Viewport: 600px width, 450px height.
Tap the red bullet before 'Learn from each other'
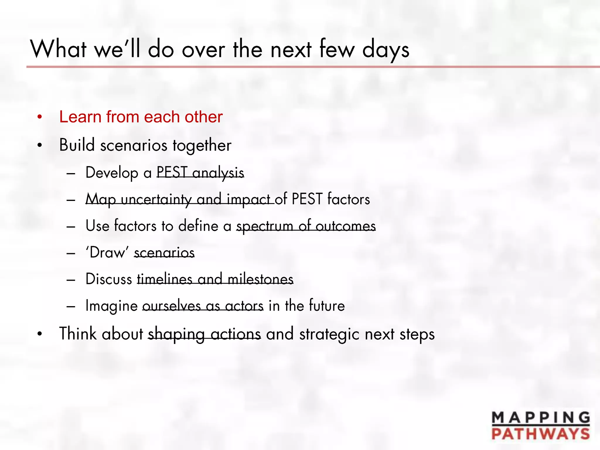point(40,117)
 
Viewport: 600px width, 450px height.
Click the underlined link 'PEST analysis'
point(200,172)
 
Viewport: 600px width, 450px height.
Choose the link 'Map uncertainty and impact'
point(180,199)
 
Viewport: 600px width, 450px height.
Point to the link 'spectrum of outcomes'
point(306,226)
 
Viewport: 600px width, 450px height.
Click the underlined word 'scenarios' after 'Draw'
point(164,253)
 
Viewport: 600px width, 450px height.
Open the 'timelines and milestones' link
point(215,279)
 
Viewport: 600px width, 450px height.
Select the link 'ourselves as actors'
point(203,306)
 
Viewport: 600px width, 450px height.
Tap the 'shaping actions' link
point(204,334)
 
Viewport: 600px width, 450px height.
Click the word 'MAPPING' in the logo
point(541,418)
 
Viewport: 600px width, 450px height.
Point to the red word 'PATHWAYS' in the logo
point(541,434)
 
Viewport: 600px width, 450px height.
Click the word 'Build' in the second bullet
point(77,145)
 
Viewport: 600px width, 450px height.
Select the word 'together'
point(202,145)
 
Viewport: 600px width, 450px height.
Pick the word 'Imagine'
point(111,306)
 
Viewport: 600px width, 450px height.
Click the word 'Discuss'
point(109,279)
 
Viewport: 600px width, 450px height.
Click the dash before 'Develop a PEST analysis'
point(71,173)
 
